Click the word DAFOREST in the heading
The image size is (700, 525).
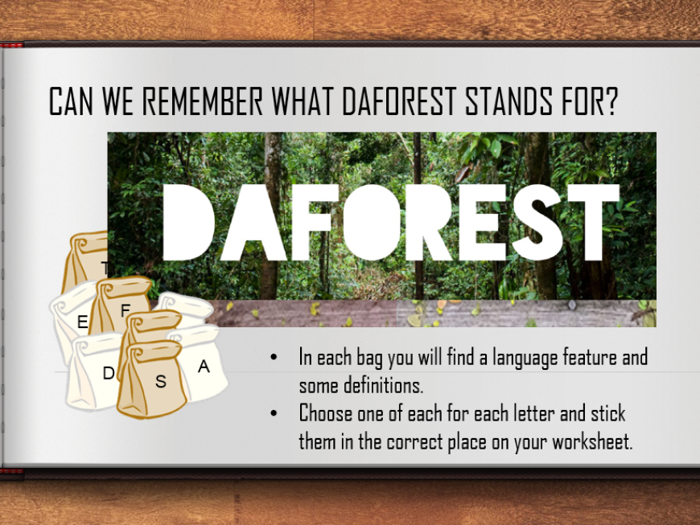(400, 100)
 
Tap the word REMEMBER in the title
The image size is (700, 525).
(202, 100)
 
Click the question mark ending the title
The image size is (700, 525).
(611, 100)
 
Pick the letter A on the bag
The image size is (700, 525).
(204, 366)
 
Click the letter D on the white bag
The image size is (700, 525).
(109, 373)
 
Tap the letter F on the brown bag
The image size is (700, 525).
(125, 310)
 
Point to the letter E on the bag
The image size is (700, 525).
(82, 322)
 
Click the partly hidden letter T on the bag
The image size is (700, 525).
(105, 268)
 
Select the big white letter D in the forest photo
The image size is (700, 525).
(188, 222)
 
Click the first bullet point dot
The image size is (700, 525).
(274, 357)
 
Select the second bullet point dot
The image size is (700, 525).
(274, 413)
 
